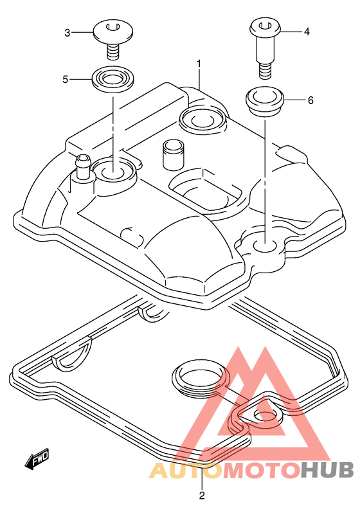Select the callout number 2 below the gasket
[x=202, y=496]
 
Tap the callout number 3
[x=67, y=33]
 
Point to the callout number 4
[x=307, y=31]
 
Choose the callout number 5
[x=66, y=79]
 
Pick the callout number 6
[x=310, y=100]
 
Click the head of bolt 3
[x=113, y=32]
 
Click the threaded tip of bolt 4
[x=265, y=71]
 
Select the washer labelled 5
[x=113, y=79]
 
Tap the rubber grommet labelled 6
[x=265, y=100]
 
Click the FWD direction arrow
[x=37, y=459]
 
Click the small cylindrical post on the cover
[x=174, y=155]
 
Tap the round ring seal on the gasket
[x=199, y=377]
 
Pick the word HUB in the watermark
[x=327, y=470]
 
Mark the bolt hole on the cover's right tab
[x=265, y=245]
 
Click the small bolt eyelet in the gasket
[x=265, y=416]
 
